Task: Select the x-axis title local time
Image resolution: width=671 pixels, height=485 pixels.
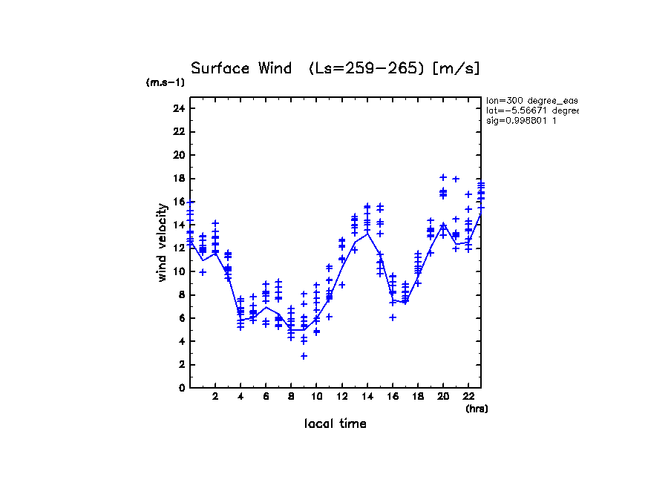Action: pos(335,423)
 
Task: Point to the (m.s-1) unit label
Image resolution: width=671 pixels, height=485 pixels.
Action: pos(165,83)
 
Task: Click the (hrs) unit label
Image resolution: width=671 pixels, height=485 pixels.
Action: pos(477,408)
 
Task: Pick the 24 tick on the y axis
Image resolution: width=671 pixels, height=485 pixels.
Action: pos(178,108)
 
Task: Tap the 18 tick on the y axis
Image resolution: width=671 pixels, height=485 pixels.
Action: pos(178,178)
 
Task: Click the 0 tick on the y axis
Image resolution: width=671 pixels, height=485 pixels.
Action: pos(180,387)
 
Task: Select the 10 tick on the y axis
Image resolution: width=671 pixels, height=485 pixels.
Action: pos(178,271)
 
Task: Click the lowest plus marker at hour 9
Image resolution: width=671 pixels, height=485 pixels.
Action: pos(304,356)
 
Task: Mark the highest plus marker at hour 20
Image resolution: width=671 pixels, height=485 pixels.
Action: pos(443,177)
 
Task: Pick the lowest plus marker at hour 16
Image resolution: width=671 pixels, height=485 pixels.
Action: pos(393,317)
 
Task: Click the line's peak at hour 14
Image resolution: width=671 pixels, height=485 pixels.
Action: pos(367,233)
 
